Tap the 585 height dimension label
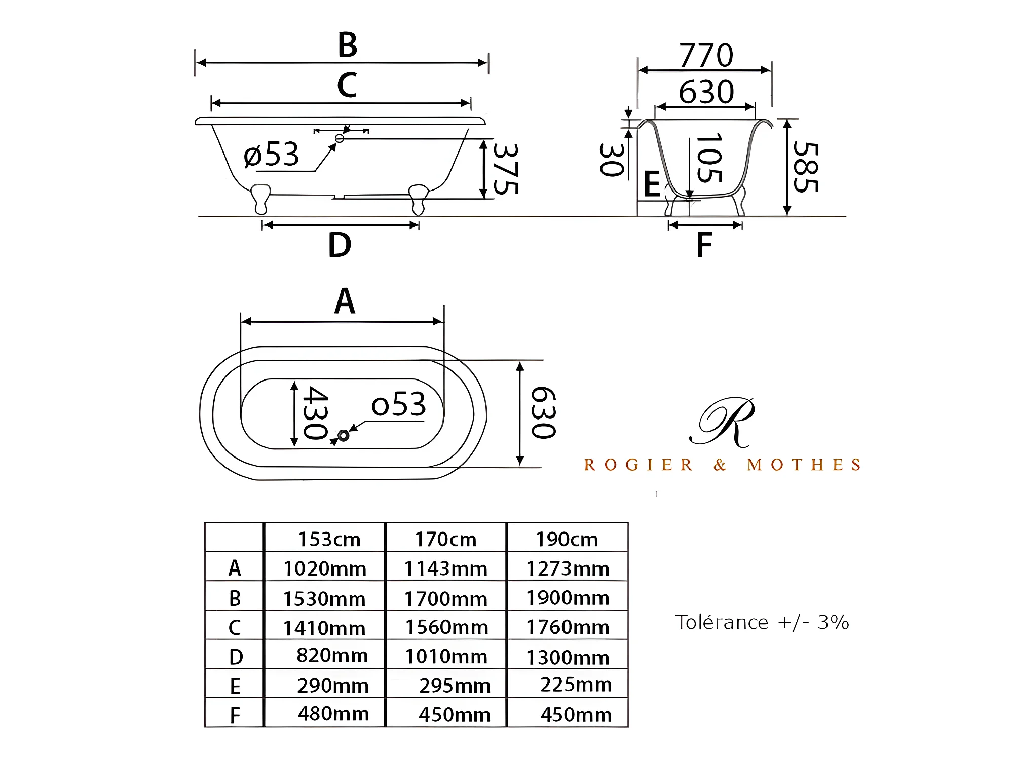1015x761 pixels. (806, 167)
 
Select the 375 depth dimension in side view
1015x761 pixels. (506, 169)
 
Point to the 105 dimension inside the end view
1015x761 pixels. (709, 158)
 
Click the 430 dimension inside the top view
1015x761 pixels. (315, 413)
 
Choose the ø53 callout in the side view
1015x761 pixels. (272, 155)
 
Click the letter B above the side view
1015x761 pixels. (348, 45)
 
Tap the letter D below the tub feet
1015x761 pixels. (340, 245)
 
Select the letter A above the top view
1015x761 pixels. (345, 301)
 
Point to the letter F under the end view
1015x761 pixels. (704, 245)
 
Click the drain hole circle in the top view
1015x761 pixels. (343, 435)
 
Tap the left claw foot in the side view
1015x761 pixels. (261, 198)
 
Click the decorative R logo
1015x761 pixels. (724, 422)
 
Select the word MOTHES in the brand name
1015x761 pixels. (804, 465)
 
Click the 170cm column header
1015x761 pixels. (445, 539)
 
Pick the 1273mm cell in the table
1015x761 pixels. (568, 568)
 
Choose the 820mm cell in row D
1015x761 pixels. (332, 655)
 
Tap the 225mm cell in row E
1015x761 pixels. (576, 684)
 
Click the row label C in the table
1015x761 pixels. (235, 628)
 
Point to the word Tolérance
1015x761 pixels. (722, 622)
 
